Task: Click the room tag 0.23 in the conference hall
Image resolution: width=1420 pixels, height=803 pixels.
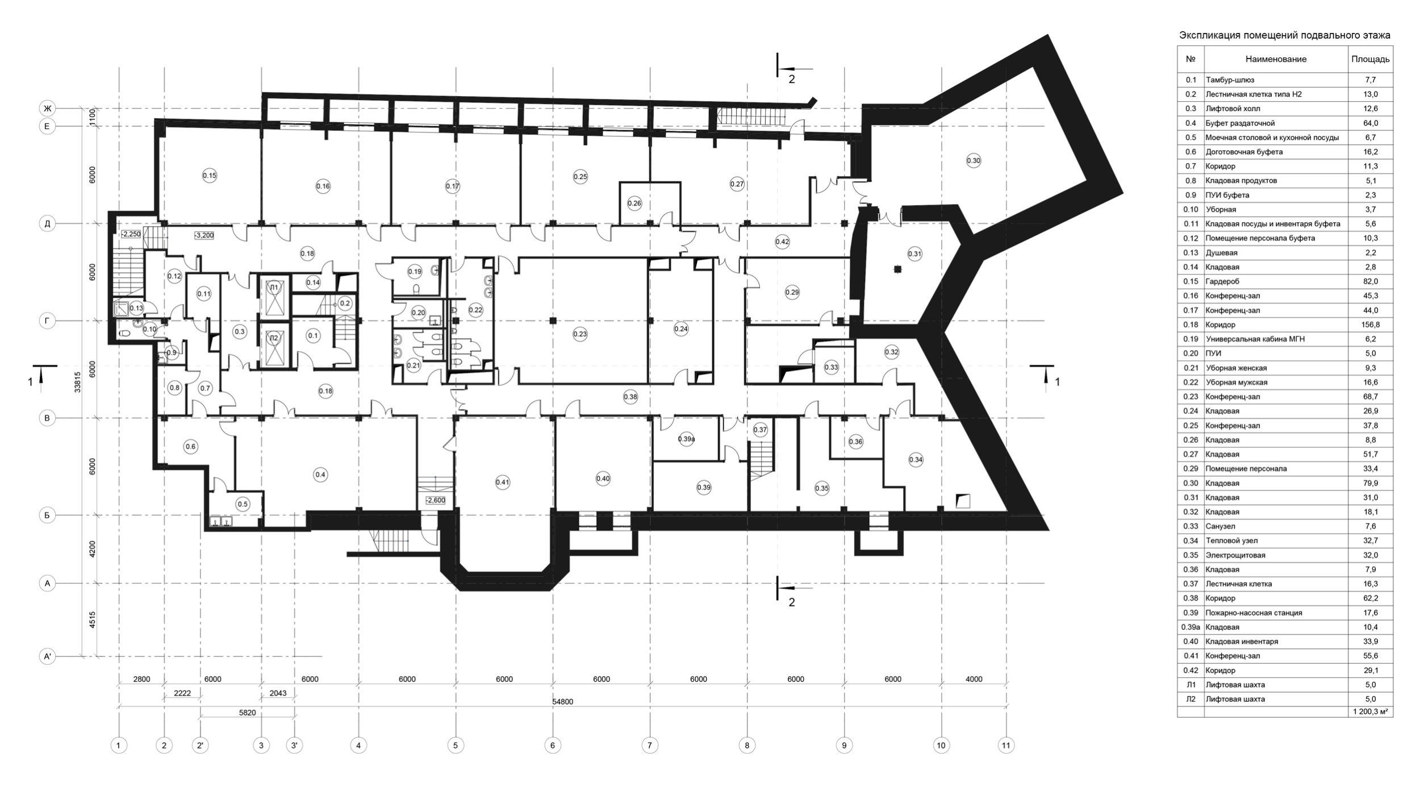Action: (x=580, y=334)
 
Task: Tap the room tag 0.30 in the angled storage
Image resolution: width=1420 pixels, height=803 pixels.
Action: (x=973, y=161)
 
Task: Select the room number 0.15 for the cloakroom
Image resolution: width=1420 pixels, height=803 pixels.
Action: (x=210, y=176)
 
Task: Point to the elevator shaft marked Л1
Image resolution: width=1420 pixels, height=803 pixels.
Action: (x=274, y=288)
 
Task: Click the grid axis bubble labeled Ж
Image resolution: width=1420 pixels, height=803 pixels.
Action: (x=48, y=108)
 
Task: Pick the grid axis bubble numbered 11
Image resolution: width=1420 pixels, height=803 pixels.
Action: (x=1006, y=745)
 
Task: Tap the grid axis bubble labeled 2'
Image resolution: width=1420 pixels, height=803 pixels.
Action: (x=201, y=745)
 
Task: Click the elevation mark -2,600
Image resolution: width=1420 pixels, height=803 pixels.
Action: (x=435, y=501)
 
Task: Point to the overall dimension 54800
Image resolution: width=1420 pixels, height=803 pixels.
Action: (x=562, y=702)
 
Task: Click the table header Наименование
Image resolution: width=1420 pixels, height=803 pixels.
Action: (x=1276, y=59)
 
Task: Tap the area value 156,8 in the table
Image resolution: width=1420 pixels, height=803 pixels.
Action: (x=1370, y=325)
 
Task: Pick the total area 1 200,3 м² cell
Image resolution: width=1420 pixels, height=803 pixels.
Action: (x=1370, y=711)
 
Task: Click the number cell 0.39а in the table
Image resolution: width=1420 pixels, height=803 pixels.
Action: (x=1191, y=627)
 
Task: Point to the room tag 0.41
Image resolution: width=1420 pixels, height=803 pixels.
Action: (x=503, y=482)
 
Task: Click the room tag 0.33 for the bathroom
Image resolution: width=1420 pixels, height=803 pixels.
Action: (x=831, y=367)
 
